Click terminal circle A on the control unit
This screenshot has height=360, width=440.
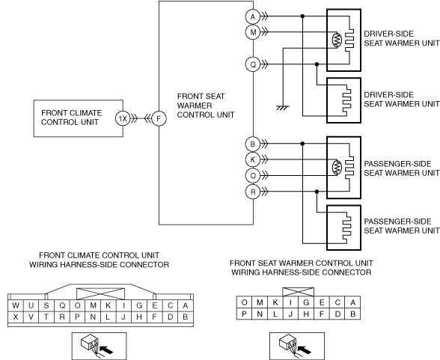point(253,16)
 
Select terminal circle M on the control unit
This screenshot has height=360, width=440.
point(253,32)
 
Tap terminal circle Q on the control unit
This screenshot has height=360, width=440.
point(253,64)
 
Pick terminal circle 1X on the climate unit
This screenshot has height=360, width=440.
point(123,119)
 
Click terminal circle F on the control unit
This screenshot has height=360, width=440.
point(159,119)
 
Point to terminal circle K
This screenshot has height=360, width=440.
point(253,159)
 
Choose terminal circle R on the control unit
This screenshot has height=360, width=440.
point(253,192)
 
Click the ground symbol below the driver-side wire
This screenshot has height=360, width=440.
point(283,108)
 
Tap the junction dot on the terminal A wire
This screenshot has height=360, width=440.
point(302,16)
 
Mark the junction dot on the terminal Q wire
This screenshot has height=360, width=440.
point(317,64)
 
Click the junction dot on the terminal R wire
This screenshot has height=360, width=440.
point(317,192)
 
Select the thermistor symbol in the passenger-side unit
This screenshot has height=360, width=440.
point(337,168)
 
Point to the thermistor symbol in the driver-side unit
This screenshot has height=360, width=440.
point(337,40)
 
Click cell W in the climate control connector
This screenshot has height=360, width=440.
point(16,305)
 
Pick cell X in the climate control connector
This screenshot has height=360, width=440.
point(16,317)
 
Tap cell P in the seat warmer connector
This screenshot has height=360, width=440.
point(244,314)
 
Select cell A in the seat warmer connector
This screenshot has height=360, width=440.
point(352,302)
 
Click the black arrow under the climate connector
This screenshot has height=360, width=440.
point(106,350)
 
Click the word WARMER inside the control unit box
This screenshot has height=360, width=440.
point(195,106)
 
